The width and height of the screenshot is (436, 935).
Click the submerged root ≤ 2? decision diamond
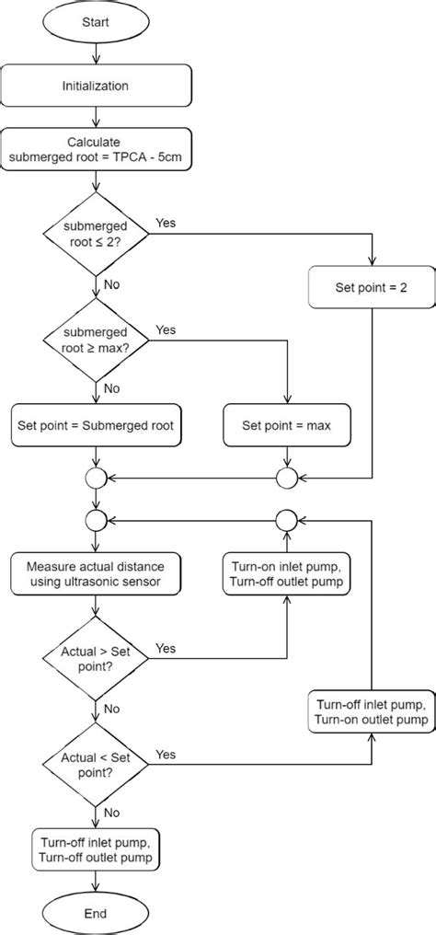(97, 234)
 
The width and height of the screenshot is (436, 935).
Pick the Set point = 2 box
(371, 287)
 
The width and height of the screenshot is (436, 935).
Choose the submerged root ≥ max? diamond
(97, 340)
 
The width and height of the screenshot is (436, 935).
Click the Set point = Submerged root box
(97, 426)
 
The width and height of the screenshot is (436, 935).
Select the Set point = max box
(288, 426)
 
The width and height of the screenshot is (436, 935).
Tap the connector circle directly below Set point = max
(288, 478)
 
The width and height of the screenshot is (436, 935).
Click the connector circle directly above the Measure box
(97, 520)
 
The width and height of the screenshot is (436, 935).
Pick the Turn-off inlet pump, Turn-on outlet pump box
(371, 710)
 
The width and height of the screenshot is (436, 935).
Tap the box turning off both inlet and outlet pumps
(97, 848)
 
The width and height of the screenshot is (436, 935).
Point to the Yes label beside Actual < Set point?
(166, 729)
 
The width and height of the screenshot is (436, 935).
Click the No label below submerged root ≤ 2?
(111, 284)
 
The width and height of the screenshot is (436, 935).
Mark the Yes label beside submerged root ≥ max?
(166, 329)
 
